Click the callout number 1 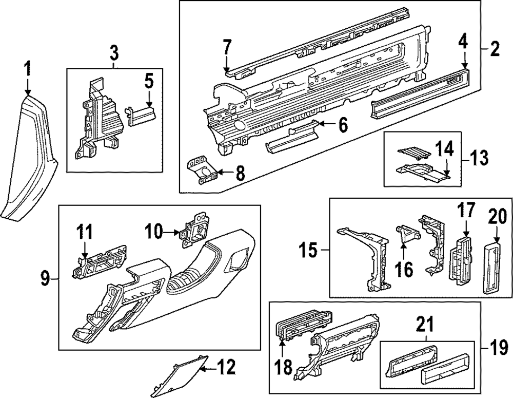coord(28,68)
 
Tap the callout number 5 coord(148,81)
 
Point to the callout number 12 coord(226,367)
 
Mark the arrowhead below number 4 coord(464,66)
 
